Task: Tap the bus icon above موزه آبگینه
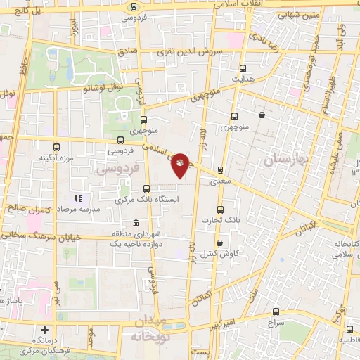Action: (x=56, y=147)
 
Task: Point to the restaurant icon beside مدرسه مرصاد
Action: (x=78, y=200)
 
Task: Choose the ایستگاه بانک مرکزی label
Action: (x=146, y=200)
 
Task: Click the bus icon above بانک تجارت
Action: (x=220, y=210)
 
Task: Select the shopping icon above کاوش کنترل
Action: (x=220, y=243)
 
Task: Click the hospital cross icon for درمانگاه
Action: (x=45, y=330)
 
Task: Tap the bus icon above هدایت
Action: (x=243, y=69)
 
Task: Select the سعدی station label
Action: (x=219, y=180)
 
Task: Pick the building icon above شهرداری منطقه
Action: (x=127, y=224)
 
